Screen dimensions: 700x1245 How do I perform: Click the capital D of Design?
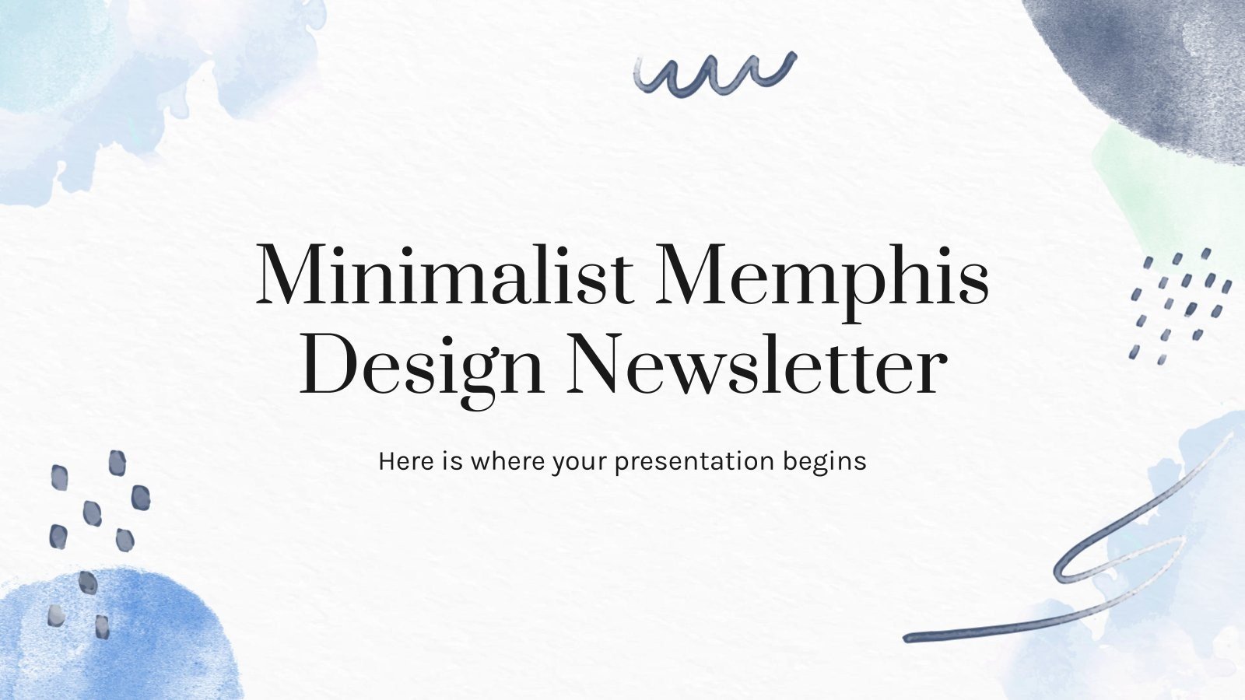tap(325, 364)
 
